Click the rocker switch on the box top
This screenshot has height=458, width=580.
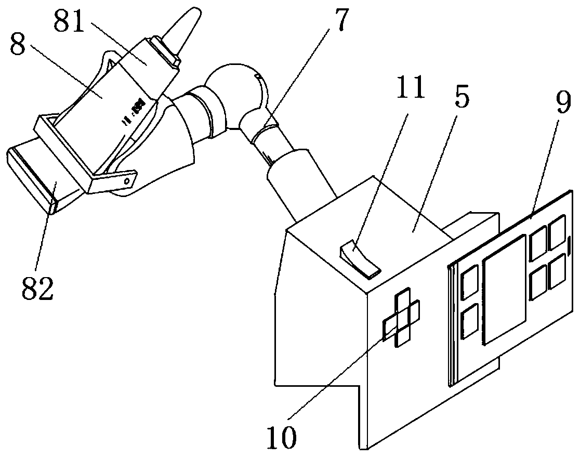(x=360, y=257)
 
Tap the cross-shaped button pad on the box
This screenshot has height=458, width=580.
(x=402, y=319)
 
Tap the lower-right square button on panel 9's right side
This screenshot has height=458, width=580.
(x=557, y=269)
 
